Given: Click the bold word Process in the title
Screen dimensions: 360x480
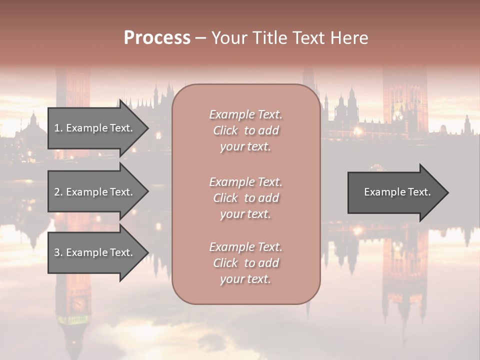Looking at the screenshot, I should click(x=157, y=38).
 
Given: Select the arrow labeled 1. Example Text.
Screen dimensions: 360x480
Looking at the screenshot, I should click(x=95, y=128).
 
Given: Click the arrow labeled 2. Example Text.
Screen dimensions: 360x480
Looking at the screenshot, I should click(x=95, y=192).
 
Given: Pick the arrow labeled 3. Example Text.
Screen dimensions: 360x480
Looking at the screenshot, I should click(x=95, y=252).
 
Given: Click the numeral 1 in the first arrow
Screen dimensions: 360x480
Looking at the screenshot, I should click(x=57, y=128).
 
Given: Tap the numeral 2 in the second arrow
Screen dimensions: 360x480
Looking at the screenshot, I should click(x=57, y=192).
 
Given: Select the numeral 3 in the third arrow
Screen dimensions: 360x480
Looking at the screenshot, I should click(x=57, y=252).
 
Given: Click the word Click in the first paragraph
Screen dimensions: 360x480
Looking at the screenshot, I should click(x=225, y=130).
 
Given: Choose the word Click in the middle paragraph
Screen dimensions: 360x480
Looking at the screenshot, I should click(x=225, y=198).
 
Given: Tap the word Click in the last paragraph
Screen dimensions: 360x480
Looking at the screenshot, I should click(x=225, y=263).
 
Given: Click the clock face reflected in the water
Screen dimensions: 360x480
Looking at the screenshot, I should click(x=77, y=303).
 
